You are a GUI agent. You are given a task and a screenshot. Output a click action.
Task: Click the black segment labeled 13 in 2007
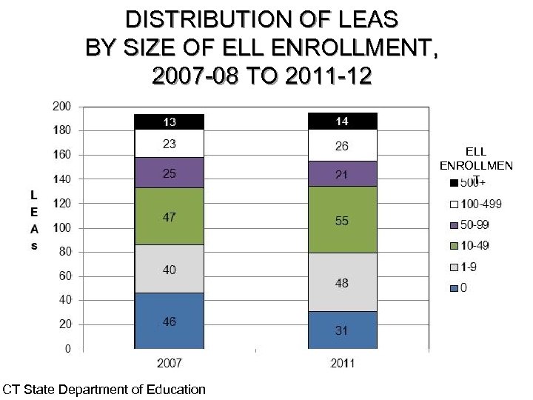coord(169,121)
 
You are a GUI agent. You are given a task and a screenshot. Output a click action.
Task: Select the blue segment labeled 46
coord(169,320)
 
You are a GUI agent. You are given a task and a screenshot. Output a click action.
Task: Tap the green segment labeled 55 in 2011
coord(341,220)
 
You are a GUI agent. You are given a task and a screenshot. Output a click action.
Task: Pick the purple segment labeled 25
coord(169,173)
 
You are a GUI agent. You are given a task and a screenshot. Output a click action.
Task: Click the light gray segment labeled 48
coord(341,282)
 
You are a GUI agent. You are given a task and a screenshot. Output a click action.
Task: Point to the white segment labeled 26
coord(341,145)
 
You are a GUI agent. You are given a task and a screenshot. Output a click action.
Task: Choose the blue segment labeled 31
coord(341,330)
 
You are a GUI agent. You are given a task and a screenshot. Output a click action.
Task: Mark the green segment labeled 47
coord(169,216)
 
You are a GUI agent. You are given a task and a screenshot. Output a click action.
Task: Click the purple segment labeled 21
coord(341,173)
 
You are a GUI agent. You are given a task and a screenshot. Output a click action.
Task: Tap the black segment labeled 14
coord(341,121)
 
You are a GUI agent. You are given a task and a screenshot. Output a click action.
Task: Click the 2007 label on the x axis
coord(170,363)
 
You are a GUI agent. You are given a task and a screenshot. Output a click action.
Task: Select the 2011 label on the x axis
coord(341,363)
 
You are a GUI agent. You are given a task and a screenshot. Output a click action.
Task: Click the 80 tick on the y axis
coord(64,252)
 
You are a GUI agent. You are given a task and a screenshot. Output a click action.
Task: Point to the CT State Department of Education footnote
coord(104,389)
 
